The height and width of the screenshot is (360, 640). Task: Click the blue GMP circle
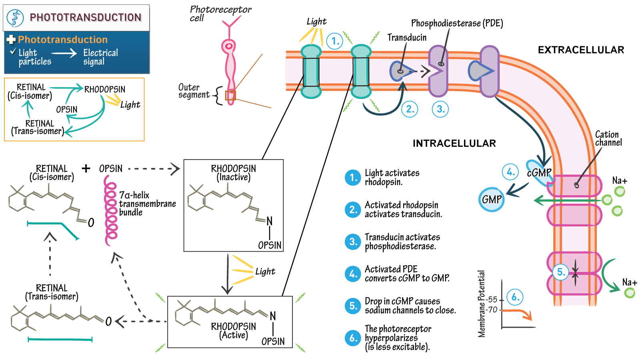coord(492,199)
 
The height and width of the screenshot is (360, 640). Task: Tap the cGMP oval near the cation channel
coord(539,173)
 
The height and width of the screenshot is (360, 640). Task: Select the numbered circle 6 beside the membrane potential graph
coord(515,297)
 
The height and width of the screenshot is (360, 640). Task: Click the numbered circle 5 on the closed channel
coord(561,272)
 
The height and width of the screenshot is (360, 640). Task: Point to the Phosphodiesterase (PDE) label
coord(457,23)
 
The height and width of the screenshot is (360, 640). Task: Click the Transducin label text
coord(407,38)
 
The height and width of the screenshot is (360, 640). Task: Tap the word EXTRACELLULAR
coord(581,50)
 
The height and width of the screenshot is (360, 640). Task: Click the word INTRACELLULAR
coord(454,144)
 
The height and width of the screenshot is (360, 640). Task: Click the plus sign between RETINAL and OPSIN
coord(86,168)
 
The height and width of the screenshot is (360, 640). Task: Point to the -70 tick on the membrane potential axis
coord(492,310)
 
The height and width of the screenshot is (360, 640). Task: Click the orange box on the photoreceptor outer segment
coord(230,95)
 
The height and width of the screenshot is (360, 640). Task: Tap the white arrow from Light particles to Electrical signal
coord(64,53)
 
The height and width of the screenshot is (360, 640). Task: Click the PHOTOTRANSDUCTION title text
coord(85,18)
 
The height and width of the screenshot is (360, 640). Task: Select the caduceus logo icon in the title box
coord(15,18)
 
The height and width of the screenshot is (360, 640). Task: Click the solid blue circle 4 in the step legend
coord(353,274)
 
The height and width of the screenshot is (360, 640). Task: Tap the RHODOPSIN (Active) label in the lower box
coord(234,330)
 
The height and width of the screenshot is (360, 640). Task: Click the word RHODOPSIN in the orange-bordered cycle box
coord(105,89)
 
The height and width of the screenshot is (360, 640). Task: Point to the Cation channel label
coord(608,138)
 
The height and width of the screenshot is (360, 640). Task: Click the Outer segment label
coord(194,91)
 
